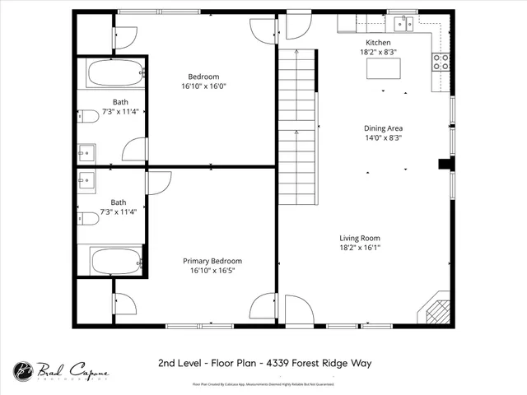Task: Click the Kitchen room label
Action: coord(378,42)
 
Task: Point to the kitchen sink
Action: coord(403,23)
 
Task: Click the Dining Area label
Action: coord(383,128)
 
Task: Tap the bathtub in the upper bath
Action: coord(114,75)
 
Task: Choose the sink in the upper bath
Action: coord(87,152)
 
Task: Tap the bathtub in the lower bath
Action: coord(116,262)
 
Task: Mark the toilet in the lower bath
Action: coord(89,218)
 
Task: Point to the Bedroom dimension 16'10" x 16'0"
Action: coord(203,86)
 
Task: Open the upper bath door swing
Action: coord(134,149)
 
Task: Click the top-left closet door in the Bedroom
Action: coord(125,36)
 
